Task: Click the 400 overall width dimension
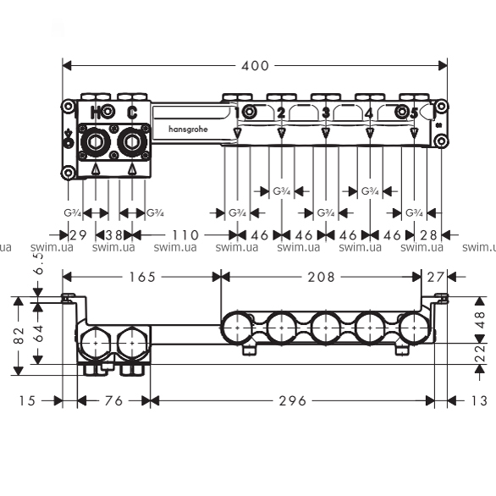click(255, 66)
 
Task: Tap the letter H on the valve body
click(96, 113)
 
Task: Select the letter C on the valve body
click(132, 113)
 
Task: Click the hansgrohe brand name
click(188, 129)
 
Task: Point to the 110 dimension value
click(185, 235)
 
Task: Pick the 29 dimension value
click(78, 235)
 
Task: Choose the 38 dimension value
click(114, 235)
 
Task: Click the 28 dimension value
click(428, 235)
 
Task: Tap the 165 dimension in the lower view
click(142, 277)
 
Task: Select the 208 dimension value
click(321, 277)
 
